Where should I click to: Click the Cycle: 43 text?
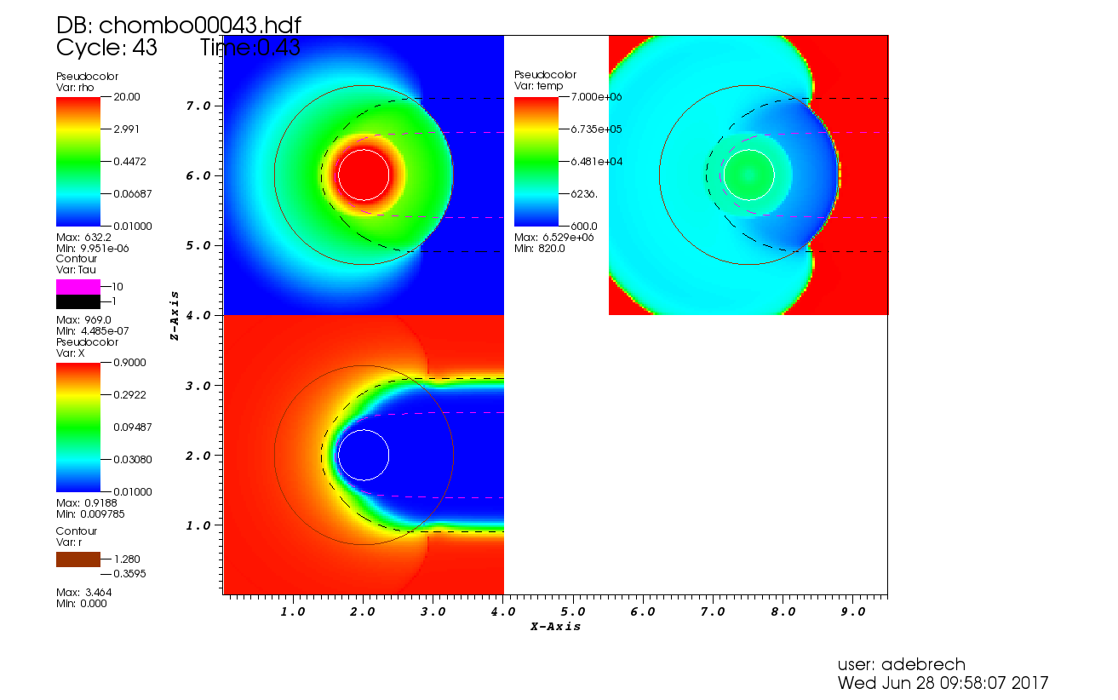tap(107, 48)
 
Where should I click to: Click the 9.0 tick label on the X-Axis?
tap(852, 611)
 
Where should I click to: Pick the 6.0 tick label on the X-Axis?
tap(643, 611)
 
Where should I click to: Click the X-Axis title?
tap(555, 627)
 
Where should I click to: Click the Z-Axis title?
tap(174, 315)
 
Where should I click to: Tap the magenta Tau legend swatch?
tap(78, 286)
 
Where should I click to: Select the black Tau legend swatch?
tap(78, 301)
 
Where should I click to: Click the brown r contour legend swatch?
tap(78, 559)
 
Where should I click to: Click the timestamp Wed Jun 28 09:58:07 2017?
tap(943, 683)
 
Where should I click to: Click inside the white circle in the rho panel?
tap(364, 175)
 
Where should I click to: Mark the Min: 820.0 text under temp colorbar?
tap(539, 248)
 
